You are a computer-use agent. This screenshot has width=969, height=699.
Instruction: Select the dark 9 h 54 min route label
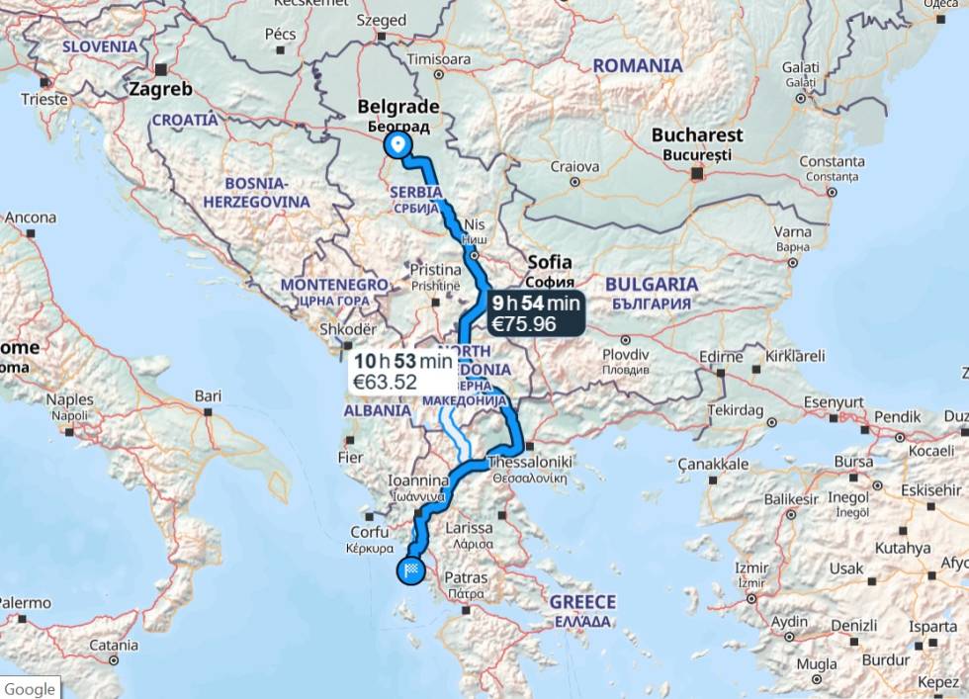click(x=536, y=313)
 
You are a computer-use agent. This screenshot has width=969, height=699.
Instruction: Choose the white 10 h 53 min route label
click(x=402, y=370)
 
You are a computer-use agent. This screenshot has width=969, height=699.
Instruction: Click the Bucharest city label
click(x=697, y=135)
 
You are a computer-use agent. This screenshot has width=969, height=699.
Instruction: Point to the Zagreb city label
click(x=159, y=89)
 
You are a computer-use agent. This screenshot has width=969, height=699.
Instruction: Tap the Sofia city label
click(x=550, y=262)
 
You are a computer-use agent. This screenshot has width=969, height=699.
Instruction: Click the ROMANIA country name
click(x=638, y=66)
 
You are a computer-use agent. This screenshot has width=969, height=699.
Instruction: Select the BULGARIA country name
click(x=652, y=285)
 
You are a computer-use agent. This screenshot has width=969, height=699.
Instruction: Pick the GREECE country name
click(x=582, y=602)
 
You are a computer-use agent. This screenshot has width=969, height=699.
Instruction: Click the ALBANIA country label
click(x=377, y=410)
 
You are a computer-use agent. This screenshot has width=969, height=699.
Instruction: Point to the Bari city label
click(x=208, y=395)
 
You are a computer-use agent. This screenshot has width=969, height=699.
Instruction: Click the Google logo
click(x=29, y=688)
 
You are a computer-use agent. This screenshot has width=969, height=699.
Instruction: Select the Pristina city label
click(x=436, y=270)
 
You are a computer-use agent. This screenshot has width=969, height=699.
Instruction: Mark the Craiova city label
click(x=574, y=167)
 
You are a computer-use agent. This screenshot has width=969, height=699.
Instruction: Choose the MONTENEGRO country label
click(x=334, y=285)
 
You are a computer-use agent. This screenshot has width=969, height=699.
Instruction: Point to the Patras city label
click(x=465, y=576)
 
